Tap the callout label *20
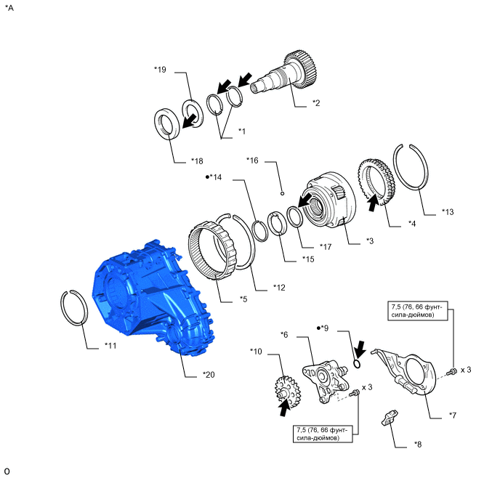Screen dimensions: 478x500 coord(210,375)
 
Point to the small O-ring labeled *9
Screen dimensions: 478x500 coord(357,364)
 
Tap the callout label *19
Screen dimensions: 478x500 coord(161,70)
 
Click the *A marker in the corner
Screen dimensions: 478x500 coord(9,8)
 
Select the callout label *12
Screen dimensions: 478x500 coord(280,288)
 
